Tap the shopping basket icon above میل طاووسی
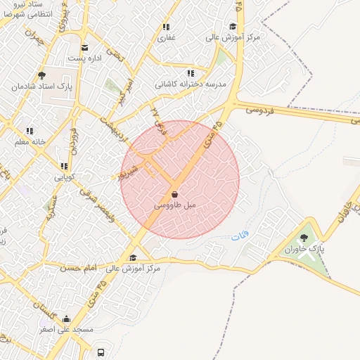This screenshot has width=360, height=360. pyautogui.click(x=174, y=194)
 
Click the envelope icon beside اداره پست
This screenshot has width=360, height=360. pyautogui.click(x=85, y=48)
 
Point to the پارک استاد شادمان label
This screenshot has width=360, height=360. pyautogui.click(x=42, y=86)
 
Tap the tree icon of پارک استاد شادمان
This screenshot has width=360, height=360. pyautogui.click(x=42, y=75)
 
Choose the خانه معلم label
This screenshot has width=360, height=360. pyautogui.click(x=29, y=141)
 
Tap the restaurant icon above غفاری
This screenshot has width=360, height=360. pyautogui.click(x=167, y=27)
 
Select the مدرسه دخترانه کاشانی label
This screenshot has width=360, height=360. pyautogui.click(x=191, y=84)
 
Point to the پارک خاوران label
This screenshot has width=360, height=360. pyautogui.click(x=304, y=249)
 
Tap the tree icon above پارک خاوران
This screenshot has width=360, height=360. pyautogui.click(x=304, y=238)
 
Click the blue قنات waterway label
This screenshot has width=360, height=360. pyautogui.click(x=240, y=238)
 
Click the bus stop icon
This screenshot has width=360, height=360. pyautogui.click(x=102, y=352)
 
